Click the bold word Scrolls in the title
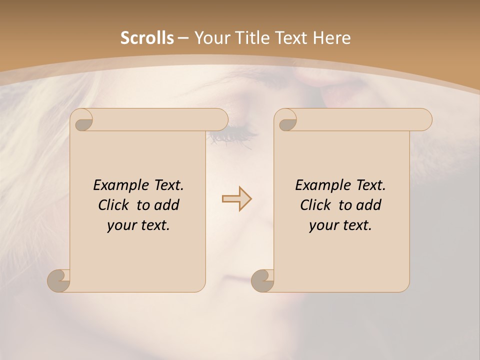pyautogui.click(x=147, y=37)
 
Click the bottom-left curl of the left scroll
pyautogui.click(x=59, y=281)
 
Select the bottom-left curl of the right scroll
pyautogui.click(x=262, y=281)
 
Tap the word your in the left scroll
pyautogui.click(x=120, y=226)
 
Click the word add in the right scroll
pyautogui.click(x=368, y=205)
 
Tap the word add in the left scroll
pyautogui.click(x=166, y=205)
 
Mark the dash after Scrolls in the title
pyautogui.click(x=183, y=38)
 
